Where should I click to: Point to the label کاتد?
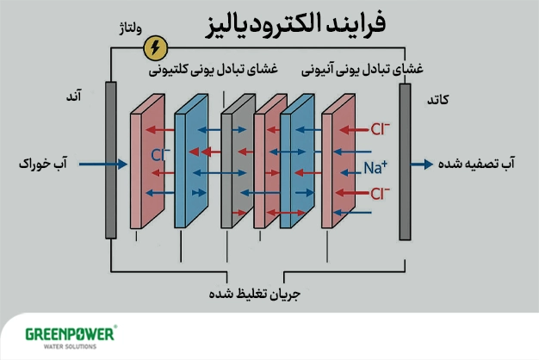click(x=437, y=100)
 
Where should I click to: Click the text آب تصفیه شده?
click(x=484, y=163)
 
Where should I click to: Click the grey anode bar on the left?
click(x=110, y=159)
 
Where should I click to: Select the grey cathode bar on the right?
click(x=405, y=159)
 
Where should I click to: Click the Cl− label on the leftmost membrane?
click(x=161, y=156)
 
